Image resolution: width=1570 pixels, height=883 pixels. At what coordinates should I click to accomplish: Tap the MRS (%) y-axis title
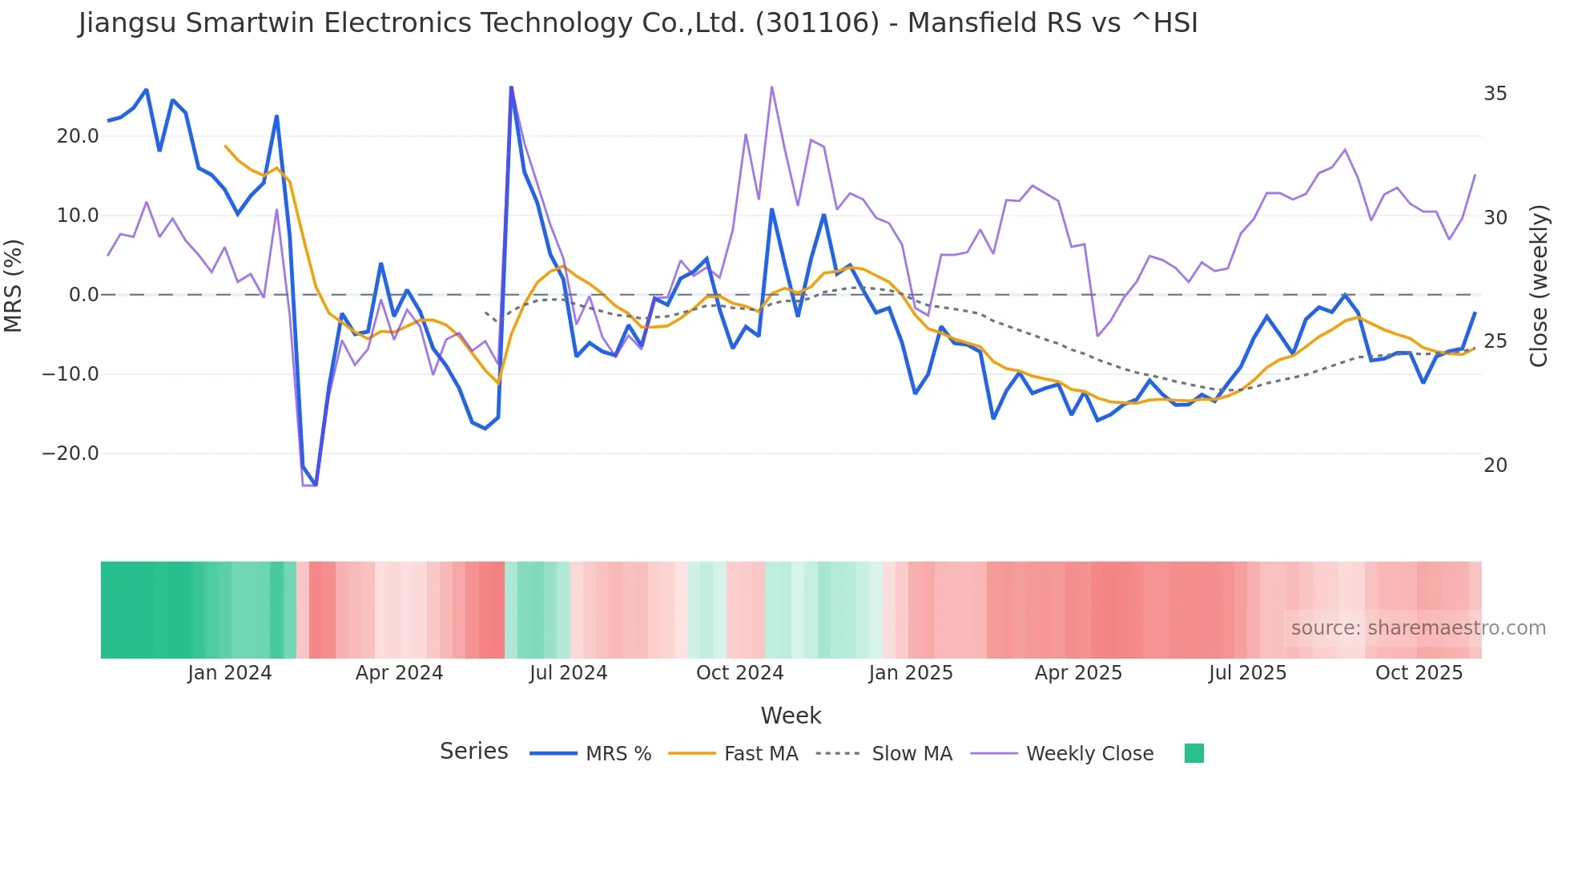pyautogui.click(x=14, y=286)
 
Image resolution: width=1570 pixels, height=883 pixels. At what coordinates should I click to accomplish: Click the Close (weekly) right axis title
pyautogui.click(x=1538, y=286)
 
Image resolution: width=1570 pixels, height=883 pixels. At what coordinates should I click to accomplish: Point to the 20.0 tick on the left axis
pyautogui.click(x=77, y=136)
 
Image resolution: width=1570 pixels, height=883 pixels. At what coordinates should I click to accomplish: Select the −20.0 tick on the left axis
pyautogui.click(x=70, y=454)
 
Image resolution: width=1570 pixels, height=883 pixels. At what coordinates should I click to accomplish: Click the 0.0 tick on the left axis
pyautogui.click(x=83, y=295)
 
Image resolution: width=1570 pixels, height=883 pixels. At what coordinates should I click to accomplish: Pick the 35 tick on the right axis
pyautogui.click(x=1495, y=94)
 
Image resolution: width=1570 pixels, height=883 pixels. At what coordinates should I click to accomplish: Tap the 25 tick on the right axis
pyautogui.click(x=1495, y=341)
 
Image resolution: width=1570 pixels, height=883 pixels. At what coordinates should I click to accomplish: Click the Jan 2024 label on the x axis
pyautogui.click(x=230, y=673)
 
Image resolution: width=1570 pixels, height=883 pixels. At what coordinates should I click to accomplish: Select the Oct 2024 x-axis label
pyautogui.click(x=739, y=673)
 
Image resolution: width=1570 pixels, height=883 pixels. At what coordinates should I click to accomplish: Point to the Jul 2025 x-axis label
pyautogui.click(x=1247, y=673)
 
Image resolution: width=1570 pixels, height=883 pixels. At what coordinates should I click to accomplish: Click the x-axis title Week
pyautogui.click(x=791, y=716)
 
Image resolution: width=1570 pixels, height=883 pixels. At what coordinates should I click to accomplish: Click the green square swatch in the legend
pyautogui.click(x=1194, y=753)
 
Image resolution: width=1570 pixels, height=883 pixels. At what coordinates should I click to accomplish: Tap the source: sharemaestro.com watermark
pyautogui.click(x=1418, y=628)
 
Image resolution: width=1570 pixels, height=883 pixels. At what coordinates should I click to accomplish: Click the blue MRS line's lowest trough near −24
pyautogui.click(x=316, y=485)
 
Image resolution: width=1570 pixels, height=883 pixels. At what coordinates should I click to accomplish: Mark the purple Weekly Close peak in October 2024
pyautogui.click(x=771, y=87)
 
